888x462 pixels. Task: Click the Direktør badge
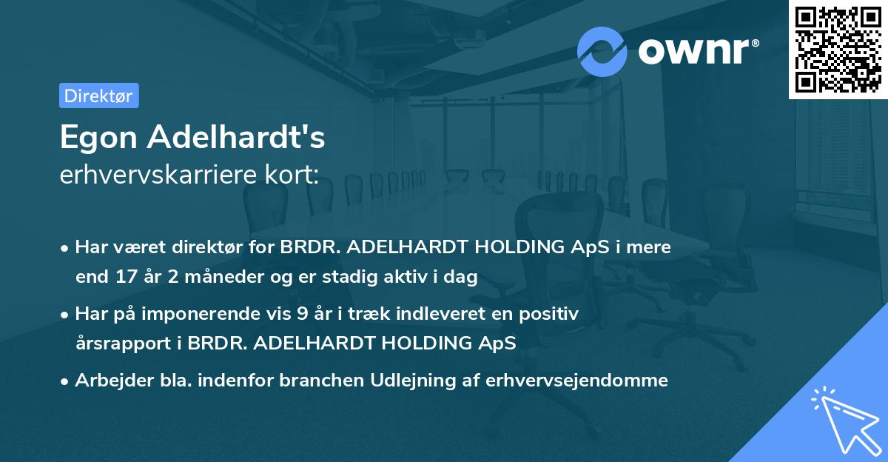tap(98, 96)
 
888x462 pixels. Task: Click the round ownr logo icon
tap(602, 51)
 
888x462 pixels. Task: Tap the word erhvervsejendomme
tap(576, 381)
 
